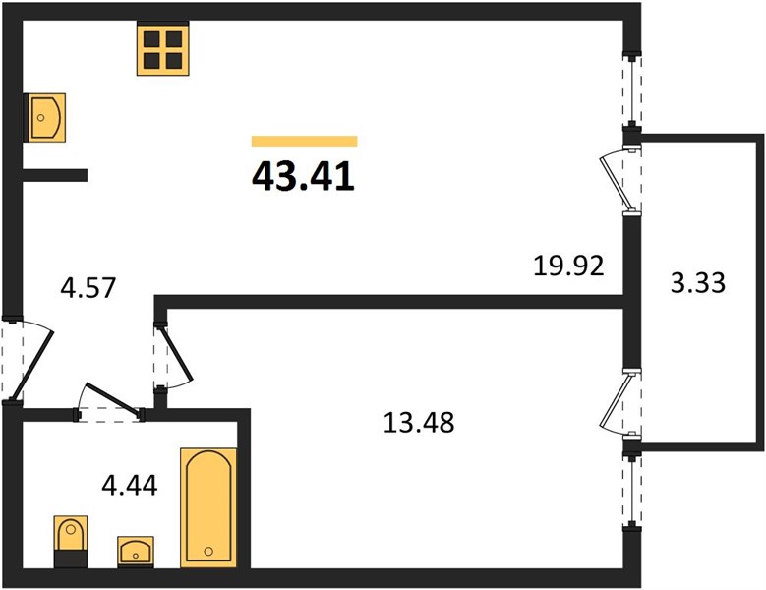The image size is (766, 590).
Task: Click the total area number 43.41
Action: click(x=303, y=176)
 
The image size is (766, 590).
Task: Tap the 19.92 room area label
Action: click(x=568, y=266)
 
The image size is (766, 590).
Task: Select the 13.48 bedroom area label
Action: click(x=419, y=423)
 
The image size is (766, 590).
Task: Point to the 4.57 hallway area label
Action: click(x=88, y=287)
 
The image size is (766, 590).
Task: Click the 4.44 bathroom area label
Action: click(x=130, y=486)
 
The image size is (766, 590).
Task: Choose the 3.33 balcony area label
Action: click(x=697, y=283)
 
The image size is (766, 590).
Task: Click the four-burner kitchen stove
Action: click(x=162, y=48)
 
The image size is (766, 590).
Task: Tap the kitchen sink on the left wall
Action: click(x=44, y=118)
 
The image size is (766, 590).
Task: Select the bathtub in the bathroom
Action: click(x=208, y=508)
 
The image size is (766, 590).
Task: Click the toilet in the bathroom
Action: click(x=71, y=541)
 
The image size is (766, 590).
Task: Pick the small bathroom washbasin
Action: click(x=136, y=552)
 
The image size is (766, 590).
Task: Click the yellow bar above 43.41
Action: click(x=305, y=142)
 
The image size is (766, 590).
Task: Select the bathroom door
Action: click(x=109, y=400)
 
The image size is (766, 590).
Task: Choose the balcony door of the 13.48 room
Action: click(x=620, y=402)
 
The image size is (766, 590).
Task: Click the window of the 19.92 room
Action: click(x=632, y=90)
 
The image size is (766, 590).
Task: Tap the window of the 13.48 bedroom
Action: click(x=632, y=491)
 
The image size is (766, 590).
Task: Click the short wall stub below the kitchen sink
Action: click(x=55, y=175)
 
